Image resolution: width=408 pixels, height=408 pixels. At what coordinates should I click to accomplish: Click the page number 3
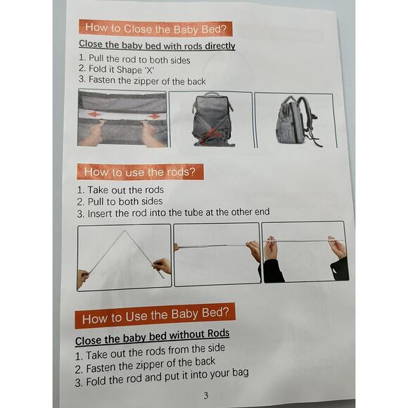(x=205, y=395)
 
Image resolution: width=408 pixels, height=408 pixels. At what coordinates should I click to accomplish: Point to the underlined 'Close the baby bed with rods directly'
(x=157, y=46)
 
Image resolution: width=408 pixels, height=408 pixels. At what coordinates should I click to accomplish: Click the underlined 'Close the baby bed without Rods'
(x=152, y=336)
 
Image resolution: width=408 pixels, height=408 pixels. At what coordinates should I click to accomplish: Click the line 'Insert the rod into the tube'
(x=173, y=212)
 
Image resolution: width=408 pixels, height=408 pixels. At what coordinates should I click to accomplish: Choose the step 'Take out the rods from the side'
(x=155, y=350)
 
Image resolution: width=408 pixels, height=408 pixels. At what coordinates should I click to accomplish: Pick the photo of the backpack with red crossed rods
(x=210, y=119)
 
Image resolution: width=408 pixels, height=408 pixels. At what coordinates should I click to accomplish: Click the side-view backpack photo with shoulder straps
(x=295, y=120)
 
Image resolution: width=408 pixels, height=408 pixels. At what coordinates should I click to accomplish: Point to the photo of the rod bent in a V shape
(x=124, y=257)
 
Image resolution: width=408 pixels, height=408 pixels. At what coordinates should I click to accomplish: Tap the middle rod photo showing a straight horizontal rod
(x=216, y=255)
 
